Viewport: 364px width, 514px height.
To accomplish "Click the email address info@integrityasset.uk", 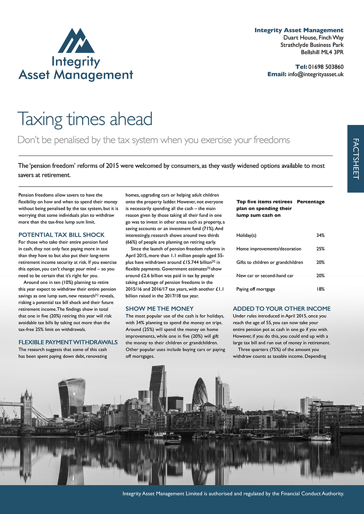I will pyautogui.click(x=315, y=74).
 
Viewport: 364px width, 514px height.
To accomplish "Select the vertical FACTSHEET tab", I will pyautogui.click(x=356, y=159).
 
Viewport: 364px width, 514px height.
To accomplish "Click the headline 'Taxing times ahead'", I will pyautogui.click(x=85, y=119).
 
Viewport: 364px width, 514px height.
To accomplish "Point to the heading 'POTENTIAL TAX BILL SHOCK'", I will pyautogui.click(x=61, y=235).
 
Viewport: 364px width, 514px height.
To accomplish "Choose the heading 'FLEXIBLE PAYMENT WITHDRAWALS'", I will pyautogui.click(x=68, y=342).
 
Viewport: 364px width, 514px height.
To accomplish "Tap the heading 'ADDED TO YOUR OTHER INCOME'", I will pyautogui.click(x=281, y=308).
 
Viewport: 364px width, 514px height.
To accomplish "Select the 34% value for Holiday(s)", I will pyautogui.click(x=320, y=235).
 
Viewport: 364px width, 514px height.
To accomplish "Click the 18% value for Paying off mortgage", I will pyautogui.click(x=320, y=289).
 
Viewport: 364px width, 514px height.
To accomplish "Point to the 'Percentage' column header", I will pyautogui.click(x=311, y=201).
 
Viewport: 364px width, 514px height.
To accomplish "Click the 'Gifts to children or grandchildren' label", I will pyautogui.click(x=270, y=262).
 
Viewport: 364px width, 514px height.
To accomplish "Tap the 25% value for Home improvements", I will pyautogui.click(x=320, y=249).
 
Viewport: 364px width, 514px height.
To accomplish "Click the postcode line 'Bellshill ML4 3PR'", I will pyautogui.click(x=322, y=52).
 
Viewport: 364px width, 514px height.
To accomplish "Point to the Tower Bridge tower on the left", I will pyautogui.click(x=26, y=404).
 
